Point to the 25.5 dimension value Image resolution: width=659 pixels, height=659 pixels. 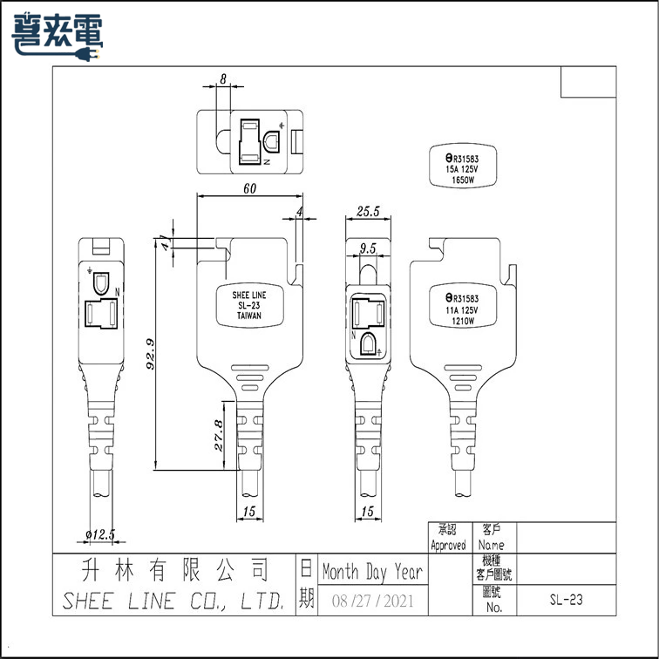point(367,212)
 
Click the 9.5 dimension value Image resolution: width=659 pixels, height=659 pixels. point(367,248)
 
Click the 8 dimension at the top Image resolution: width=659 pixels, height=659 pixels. point(223,79)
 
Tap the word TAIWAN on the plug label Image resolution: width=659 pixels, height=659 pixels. point(249,318)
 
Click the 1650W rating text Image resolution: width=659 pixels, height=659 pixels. point(462,180)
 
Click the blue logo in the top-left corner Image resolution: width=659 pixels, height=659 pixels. point(58,35)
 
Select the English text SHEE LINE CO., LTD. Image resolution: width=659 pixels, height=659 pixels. point(173,601)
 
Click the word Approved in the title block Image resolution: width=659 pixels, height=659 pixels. point(448,545)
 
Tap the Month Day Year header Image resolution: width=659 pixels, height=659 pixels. point(372,573)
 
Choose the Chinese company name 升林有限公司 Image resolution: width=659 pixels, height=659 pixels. point(173,571)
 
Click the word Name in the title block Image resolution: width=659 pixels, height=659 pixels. point(492,545)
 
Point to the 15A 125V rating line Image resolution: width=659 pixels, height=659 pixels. point(462,169)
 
